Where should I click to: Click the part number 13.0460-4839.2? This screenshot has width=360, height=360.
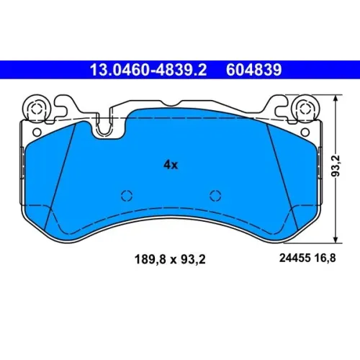[148, 70]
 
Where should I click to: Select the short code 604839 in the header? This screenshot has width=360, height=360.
[253, 70]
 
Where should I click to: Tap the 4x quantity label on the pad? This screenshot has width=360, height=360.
[171, 165]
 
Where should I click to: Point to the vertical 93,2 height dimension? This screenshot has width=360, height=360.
[337, 166]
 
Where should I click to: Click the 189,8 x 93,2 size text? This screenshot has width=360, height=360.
[170, 259]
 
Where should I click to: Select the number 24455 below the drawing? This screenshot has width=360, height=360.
[294, 258]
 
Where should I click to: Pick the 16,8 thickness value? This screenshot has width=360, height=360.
[325, 258]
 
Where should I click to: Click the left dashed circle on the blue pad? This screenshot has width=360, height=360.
[127, 196]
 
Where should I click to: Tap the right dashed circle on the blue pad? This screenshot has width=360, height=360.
[215, 196]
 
